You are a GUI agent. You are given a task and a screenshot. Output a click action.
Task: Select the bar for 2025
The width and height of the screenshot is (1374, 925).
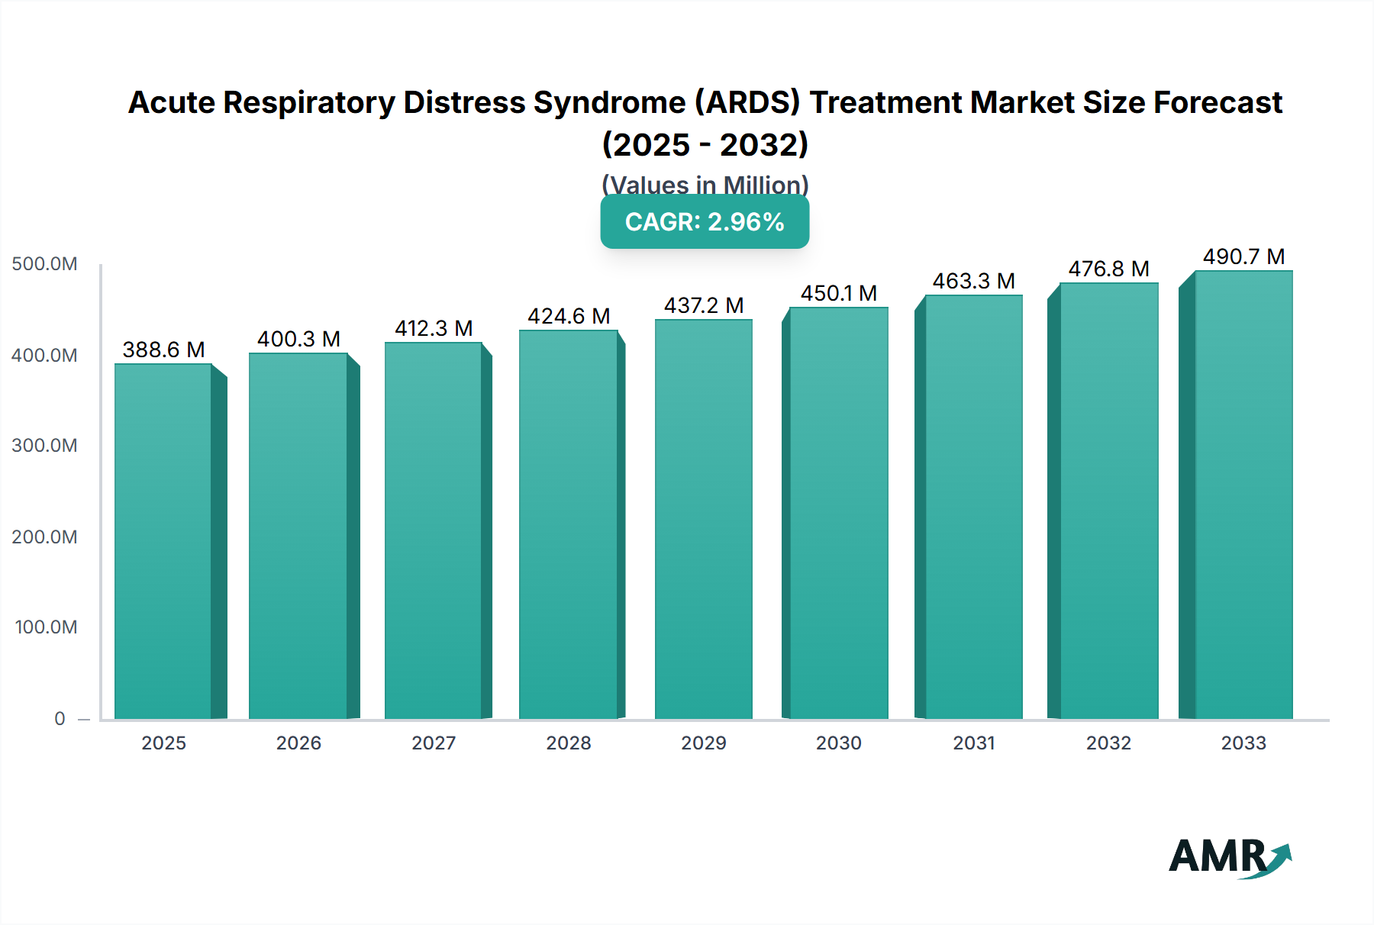(x=163, y=542)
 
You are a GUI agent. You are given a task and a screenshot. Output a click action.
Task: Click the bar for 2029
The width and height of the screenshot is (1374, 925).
(x=703, y=519)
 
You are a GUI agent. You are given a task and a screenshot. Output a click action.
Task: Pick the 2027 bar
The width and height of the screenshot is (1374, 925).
(x=434, y=530)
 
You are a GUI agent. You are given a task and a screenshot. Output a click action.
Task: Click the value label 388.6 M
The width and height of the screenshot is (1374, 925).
(x=163, y=350)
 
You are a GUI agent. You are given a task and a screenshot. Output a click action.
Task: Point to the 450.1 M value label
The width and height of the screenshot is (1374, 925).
(x=838, y=293)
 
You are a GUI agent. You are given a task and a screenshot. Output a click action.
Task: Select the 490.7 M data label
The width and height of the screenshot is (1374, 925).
(x=1243, y=256)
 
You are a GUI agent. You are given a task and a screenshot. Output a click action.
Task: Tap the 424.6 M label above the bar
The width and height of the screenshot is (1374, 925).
(x=569, y=316)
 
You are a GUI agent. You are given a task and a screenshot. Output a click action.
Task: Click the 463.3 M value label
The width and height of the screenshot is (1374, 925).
(x=973, y=281)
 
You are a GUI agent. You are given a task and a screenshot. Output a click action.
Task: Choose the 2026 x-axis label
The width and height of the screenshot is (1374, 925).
(x=298, y=743)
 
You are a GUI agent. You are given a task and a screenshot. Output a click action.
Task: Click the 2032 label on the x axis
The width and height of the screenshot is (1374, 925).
(x=1108, y=743)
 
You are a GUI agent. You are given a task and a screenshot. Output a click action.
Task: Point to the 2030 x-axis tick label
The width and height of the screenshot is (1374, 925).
(x=838, y=743)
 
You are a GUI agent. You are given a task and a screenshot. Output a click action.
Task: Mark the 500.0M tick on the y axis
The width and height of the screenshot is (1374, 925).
(x=44, y=264)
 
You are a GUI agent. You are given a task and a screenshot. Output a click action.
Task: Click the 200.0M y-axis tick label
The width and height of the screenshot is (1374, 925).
(x=44, y=537)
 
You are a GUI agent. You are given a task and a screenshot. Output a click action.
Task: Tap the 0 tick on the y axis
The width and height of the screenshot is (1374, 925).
(x=60, y=718)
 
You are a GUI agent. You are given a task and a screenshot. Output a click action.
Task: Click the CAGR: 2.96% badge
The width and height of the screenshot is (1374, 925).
(x=705, y=222)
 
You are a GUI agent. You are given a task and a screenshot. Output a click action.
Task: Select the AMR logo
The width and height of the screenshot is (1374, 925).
(x=1229, y=857)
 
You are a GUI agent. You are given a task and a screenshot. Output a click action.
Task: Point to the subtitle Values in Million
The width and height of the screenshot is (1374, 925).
(x=705, y=185)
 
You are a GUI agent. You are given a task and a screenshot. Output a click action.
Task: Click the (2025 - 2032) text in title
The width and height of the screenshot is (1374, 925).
(x=705, y=144)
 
